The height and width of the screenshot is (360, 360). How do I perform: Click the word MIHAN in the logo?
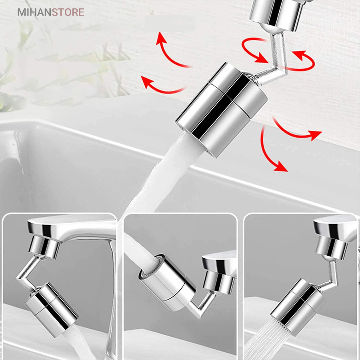(x=34, y=12)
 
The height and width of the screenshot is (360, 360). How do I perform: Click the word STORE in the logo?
(x=68, y=12)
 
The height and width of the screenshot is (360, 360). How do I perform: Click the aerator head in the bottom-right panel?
(x=298, y=306)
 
